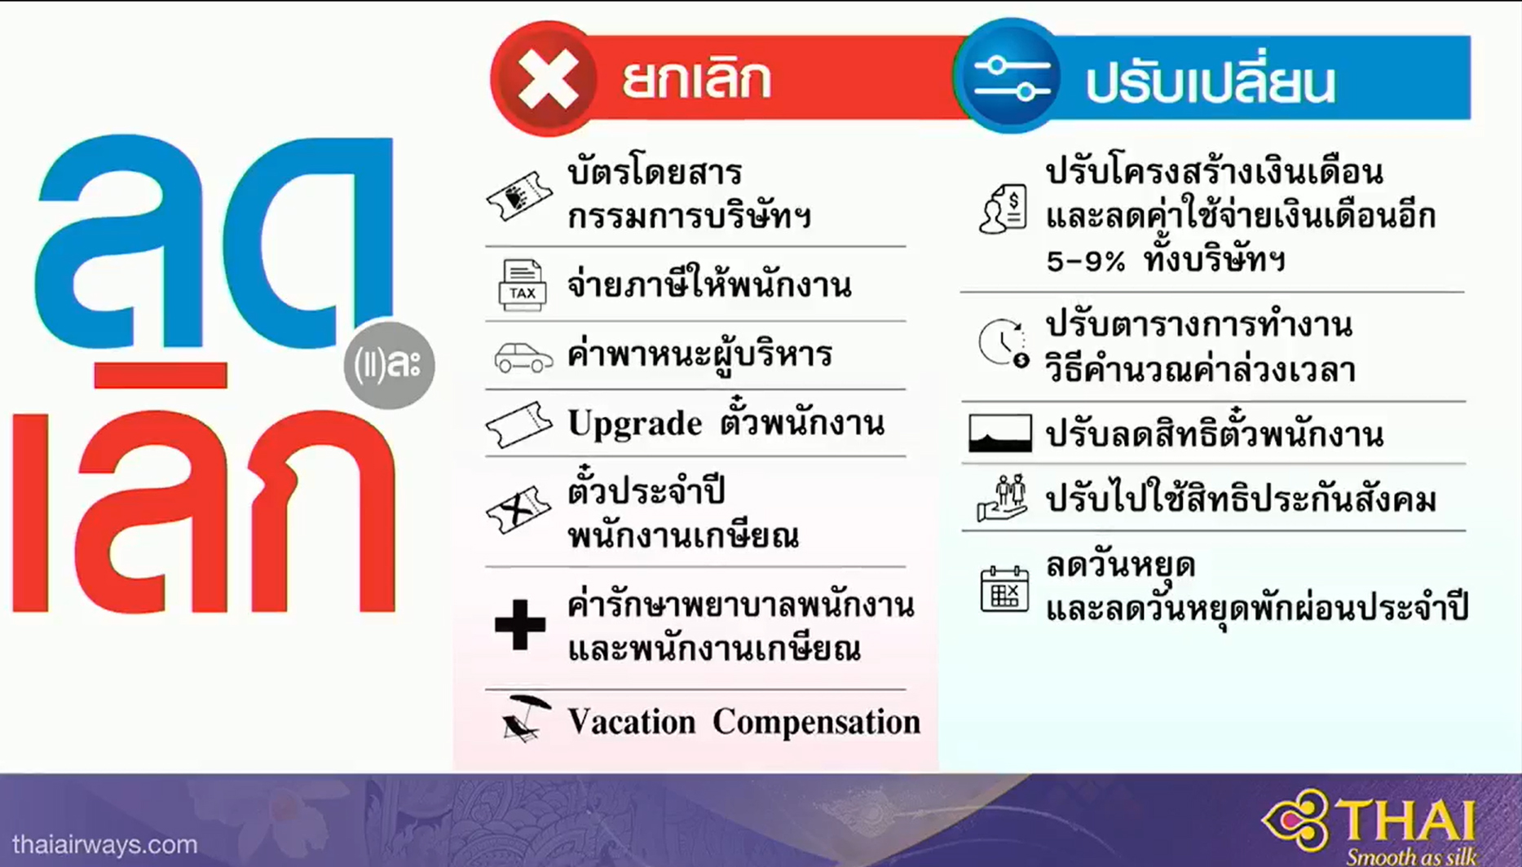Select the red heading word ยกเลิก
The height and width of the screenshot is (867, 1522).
click(696, 79)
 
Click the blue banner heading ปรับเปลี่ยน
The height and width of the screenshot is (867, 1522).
click(1211, 81)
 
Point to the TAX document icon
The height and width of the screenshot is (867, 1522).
click(522, 285)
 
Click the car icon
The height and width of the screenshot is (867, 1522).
click(523, 357)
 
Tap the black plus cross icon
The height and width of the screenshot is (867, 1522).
click(520, 625)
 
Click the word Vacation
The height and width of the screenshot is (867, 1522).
click(631, 722)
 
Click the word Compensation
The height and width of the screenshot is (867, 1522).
click(817, 722)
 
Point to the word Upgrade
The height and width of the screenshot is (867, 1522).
click(634, 425)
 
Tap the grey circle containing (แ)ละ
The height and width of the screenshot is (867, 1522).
click(389, 363)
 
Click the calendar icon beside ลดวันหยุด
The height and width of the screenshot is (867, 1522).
click(1004, 588)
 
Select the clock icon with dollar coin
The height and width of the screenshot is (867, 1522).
click(1004, 343)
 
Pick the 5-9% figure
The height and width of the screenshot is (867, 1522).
click(1085, 262)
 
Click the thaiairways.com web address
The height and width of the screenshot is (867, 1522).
click(105, 844)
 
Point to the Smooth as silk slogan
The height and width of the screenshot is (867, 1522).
click(1411, 856)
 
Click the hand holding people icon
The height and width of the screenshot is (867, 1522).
click(1003, 498)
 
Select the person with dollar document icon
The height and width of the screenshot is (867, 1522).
click(1004, 209)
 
